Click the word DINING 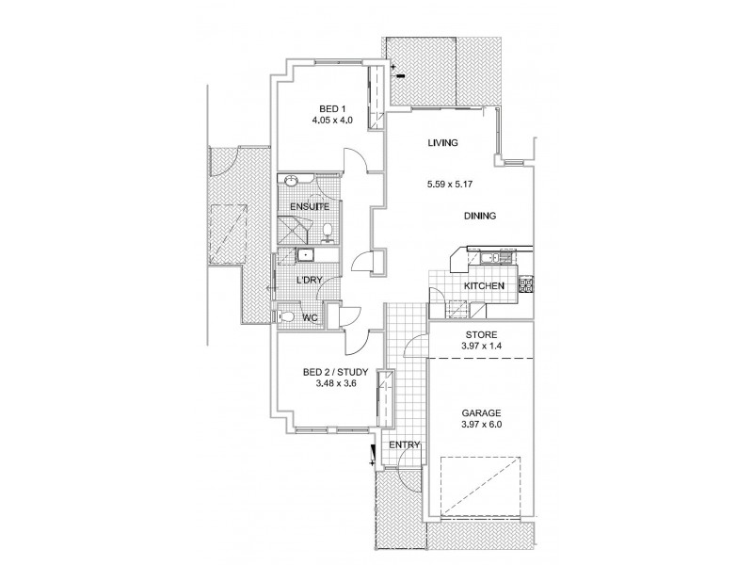click(479, 216)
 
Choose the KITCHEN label click(486, 286)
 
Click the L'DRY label click(310, 282)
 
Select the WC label click(308, 318)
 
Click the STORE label click(480, 334)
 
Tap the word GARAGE click(481, 412)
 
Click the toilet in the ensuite click(326, 229)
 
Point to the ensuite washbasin click(292, 180)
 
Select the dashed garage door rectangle click(481, 485)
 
